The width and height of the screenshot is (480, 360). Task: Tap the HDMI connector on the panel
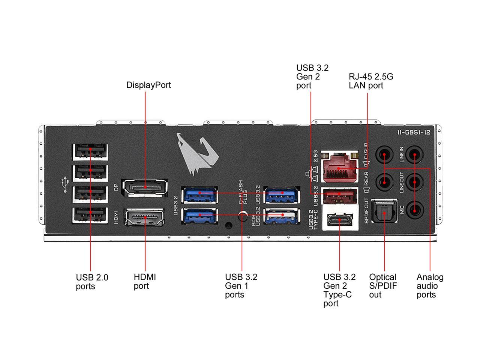(144, 217)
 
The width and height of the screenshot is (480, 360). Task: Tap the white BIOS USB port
(282, 216)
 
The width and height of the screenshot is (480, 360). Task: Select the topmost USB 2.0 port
(90, 152)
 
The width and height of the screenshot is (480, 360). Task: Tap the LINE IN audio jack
(414, 154)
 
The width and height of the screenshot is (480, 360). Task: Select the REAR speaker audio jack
(384, 183)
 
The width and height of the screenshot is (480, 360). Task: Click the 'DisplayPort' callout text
(148, 85)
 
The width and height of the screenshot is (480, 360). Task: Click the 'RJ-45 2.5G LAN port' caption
(370, 81)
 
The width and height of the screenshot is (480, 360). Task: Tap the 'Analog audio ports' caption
(429, 286)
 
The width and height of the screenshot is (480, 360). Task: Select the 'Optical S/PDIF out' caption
(382, 286)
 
